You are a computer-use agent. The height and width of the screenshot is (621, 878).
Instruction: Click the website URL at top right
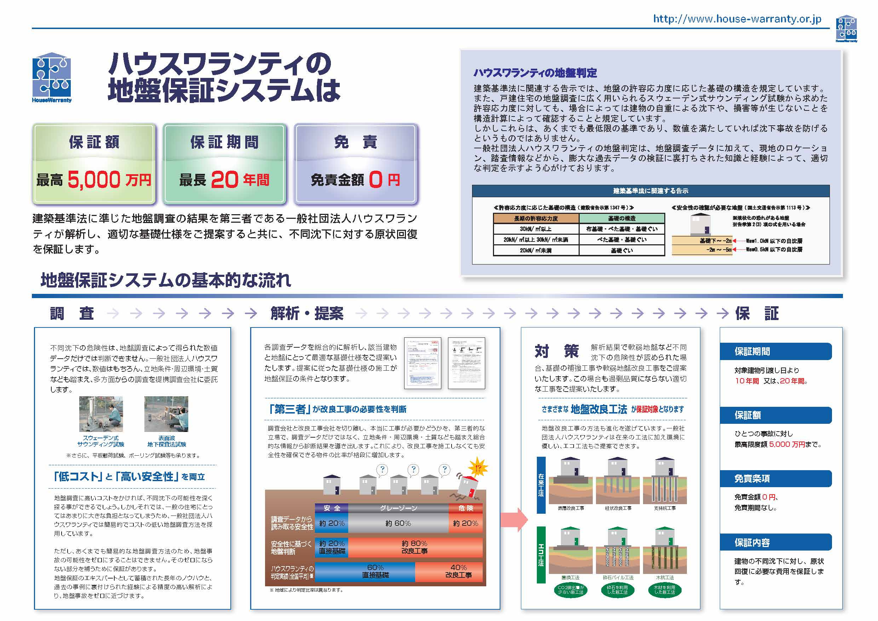click(737, 19)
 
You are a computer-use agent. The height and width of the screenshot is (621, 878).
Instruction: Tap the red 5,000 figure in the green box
click(94, 180)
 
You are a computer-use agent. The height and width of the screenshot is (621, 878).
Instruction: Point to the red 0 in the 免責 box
click(375, 180)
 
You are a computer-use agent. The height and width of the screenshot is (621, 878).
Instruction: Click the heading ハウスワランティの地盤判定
click(535, 73)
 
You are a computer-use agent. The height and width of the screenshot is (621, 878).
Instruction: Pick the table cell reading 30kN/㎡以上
click(536, 229)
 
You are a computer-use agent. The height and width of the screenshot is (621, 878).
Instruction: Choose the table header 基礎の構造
click(622, 218)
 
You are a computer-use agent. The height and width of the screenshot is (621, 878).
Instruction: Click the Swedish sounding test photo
click(101, 414)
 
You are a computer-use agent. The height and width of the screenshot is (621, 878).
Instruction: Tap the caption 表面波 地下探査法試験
click(167, 441)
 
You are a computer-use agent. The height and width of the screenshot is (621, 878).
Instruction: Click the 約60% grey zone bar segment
click(398, 523)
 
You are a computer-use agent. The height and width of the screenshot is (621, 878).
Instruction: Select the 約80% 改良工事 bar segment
click(415, 547)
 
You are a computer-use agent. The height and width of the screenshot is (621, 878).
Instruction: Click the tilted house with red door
click(469, 488)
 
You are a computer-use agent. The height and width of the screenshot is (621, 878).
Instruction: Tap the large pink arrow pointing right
click(514, 520)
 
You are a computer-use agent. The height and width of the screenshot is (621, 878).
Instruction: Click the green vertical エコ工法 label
click(541, 554)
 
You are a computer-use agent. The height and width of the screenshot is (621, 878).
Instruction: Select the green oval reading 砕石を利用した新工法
click(618, 589)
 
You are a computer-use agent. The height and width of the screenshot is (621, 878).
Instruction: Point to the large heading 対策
click(556, 351)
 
